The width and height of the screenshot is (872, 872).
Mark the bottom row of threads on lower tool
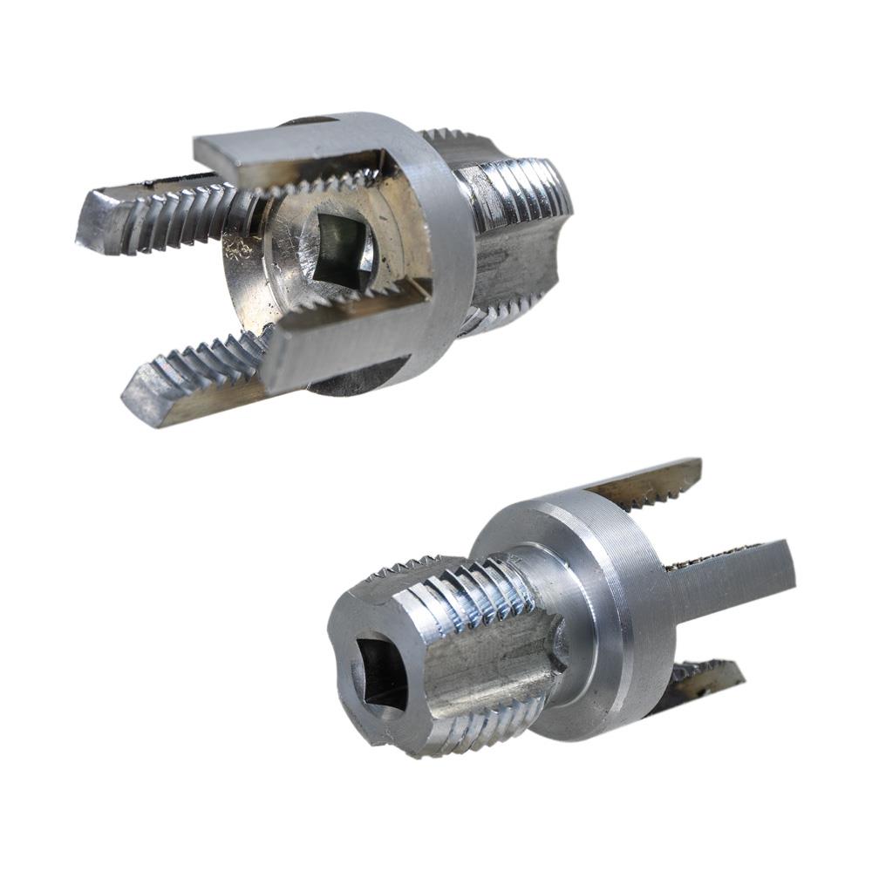pyautogui.click(x=471, y=724)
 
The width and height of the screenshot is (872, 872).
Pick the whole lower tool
pyautogui.click(x=541, y=619)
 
